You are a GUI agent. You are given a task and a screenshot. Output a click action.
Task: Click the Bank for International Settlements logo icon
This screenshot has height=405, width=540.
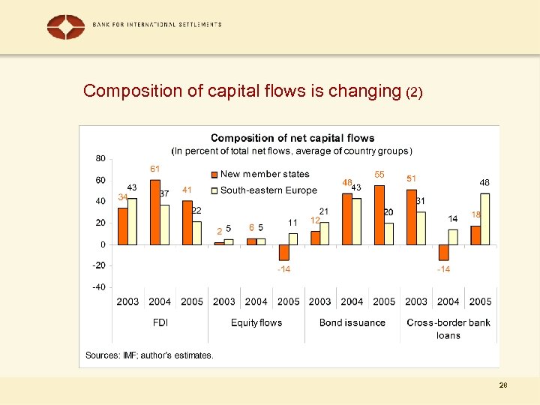click(66, 26)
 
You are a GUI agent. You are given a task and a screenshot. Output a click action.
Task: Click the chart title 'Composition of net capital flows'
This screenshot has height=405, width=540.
click(292, 138)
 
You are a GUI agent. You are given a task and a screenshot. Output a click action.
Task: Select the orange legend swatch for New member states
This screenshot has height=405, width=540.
click(214, 175)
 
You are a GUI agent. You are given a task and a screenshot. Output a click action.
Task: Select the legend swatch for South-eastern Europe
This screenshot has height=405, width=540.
click(214, 190)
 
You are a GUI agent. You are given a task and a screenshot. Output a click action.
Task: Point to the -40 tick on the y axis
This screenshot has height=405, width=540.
click(99, 287)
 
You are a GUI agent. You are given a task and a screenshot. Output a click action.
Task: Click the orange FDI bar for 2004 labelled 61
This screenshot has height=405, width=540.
click(155, 212)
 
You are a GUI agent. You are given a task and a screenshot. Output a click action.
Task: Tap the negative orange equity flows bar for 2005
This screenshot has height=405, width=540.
click(283, 252)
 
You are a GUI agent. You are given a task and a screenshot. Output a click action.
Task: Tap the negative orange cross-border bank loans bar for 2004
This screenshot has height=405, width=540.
click(443, 252)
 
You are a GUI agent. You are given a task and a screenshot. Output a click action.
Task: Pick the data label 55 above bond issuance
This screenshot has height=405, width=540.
click(379, 174)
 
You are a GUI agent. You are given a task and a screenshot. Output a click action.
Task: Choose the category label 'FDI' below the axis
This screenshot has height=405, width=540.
click(160, 322)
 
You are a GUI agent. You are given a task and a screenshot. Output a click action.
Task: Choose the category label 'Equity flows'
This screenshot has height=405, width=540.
click(256, 322)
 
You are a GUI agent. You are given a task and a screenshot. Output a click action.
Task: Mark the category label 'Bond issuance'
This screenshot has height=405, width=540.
click(352, 322)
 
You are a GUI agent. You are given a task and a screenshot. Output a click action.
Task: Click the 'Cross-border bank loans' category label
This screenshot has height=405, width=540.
click(448, 328)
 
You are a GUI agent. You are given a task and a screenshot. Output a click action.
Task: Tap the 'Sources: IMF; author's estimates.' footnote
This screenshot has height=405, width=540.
click(149, 355)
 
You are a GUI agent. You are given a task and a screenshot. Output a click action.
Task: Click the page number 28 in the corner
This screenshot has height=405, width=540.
click(503, 385)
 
